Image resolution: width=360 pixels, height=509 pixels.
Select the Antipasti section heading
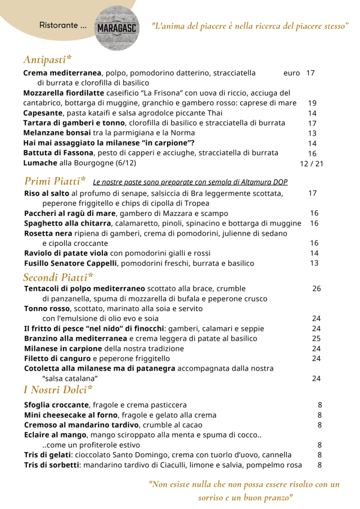click(47, 59)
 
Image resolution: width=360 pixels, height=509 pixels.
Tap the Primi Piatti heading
click(55, 181)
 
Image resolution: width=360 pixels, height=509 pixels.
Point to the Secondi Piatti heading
click(58, 277)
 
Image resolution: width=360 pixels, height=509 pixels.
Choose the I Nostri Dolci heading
click(58, 389)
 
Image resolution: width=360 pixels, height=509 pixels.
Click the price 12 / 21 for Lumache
click(312, 164)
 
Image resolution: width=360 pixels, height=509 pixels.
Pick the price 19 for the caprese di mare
click(312, 103)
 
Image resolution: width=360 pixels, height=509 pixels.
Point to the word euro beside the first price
click(292, 73)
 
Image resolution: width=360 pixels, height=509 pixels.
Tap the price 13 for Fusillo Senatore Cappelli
click(314, 263)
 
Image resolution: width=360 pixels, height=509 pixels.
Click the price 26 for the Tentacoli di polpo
click(317, 289)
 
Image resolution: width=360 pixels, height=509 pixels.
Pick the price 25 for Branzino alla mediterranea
click(316, 339)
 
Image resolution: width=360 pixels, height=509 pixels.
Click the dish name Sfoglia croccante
click(56, 405)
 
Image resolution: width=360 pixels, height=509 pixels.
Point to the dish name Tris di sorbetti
click(52, 465)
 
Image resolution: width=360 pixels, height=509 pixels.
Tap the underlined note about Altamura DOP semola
click(190, 182)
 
